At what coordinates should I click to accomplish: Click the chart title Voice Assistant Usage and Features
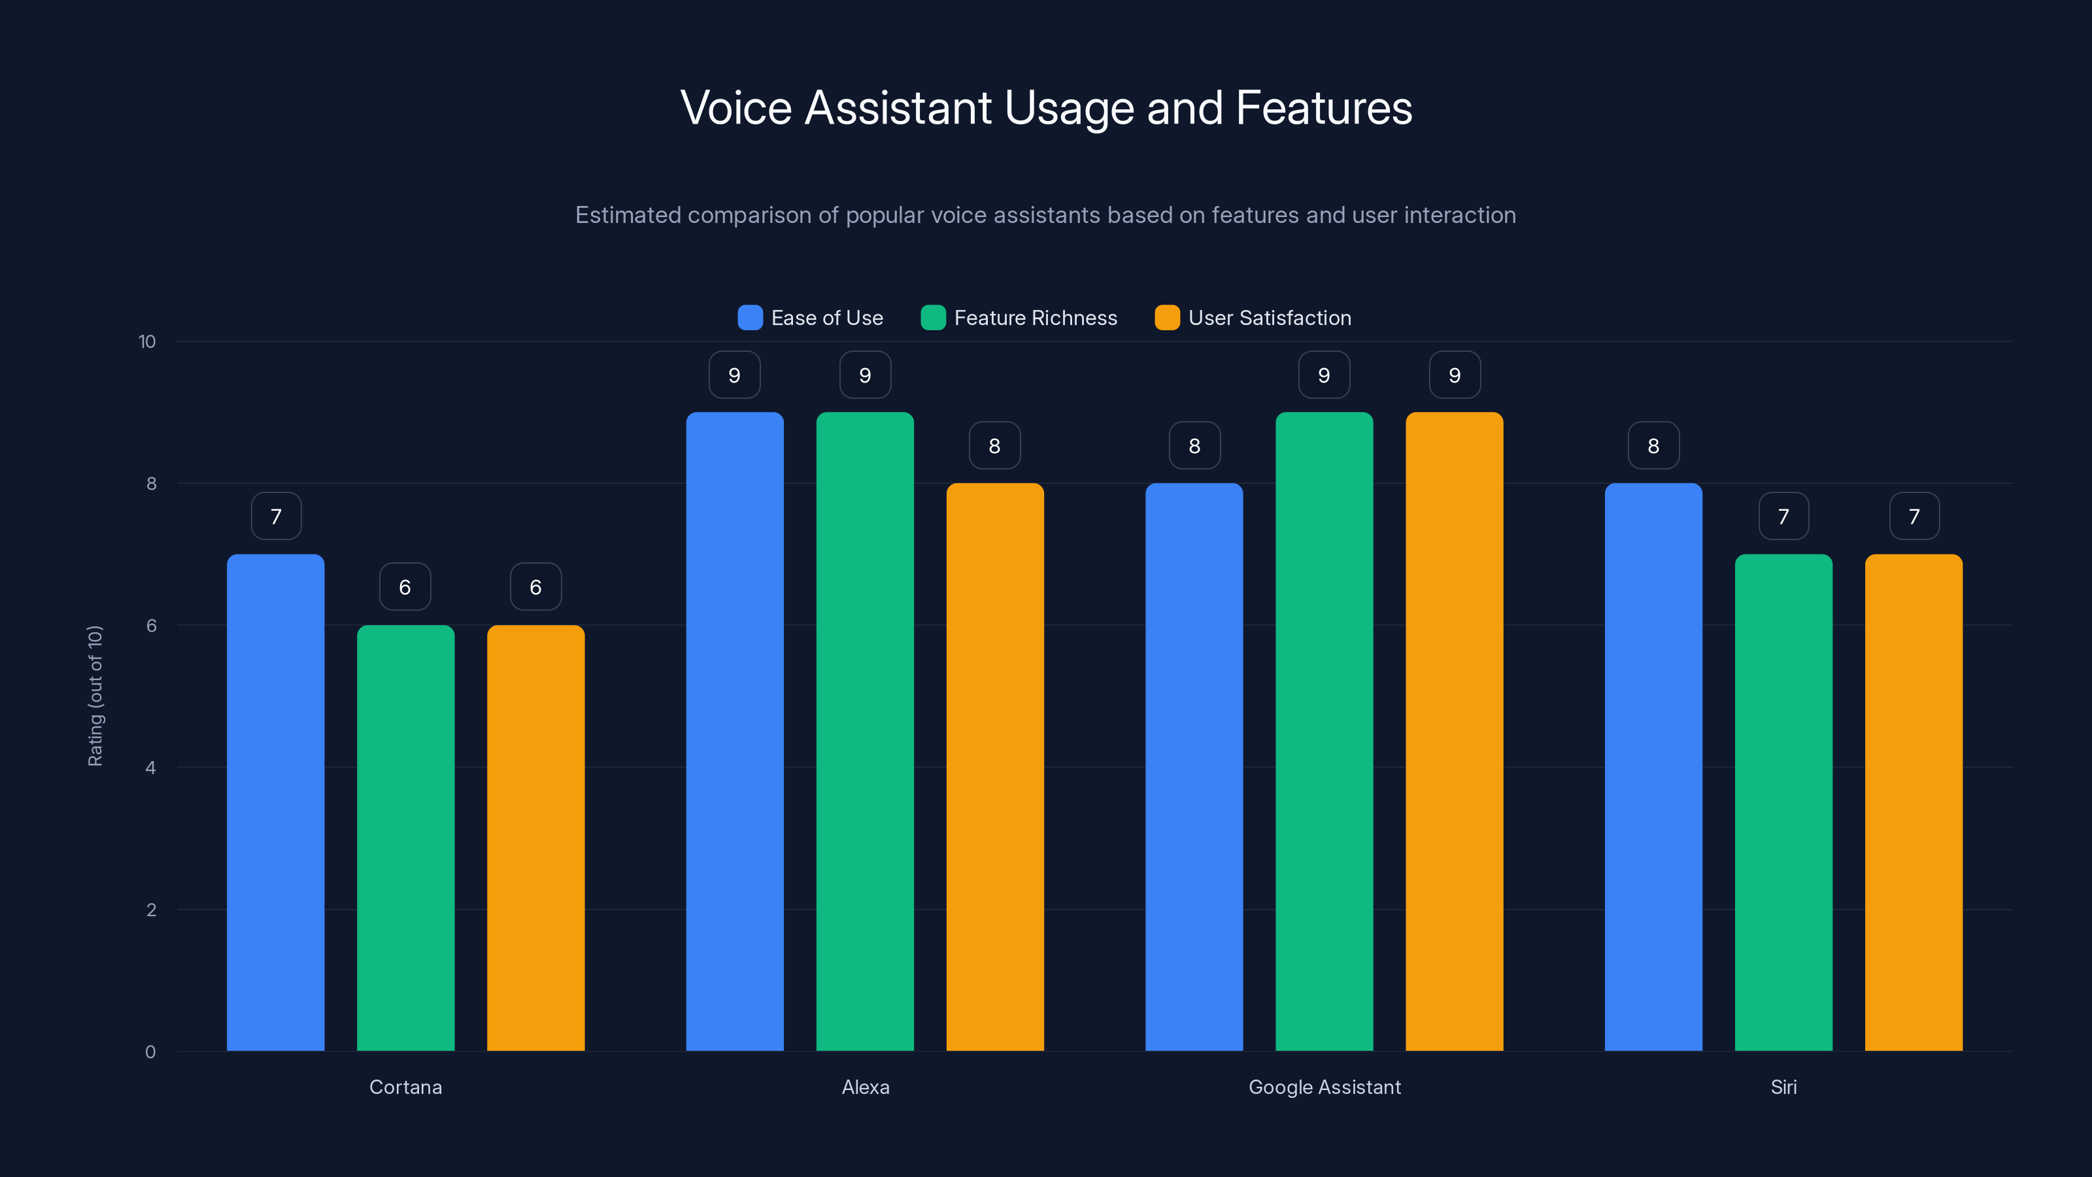tap(1046, 108)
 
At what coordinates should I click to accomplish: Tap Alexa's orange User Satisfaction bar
tap(995, 767)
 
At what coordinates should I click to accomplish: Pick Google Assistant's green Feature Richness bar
tap(1324, 731)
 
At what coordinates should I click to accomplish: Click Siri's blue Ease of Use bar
tap(1653, 767)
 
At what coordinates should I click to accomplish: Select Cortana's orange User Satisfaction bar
tap(535, 838)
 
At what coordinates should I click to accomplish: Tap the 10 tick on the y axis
tap(147, 341)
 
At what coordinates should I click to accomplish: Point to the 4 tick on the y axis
tap(150, 768)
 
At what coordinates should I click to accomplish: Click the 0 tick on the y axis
tap(150, 1052)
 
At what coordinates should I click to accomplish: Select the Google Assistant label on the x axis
tap(1324, 1087)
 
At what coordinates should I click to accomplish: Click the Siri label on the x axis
tap(1783, 1087)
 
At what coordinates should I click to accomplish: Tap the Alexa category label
tap(865, 1087)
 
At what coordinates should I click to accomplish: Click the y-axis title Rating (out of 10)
tap(95, 695)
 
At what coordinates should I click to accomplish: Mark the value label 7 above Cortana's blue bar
tap(276, 516)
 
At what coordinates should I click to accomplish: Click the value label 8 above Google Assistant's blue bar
tap(1194, 445)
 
